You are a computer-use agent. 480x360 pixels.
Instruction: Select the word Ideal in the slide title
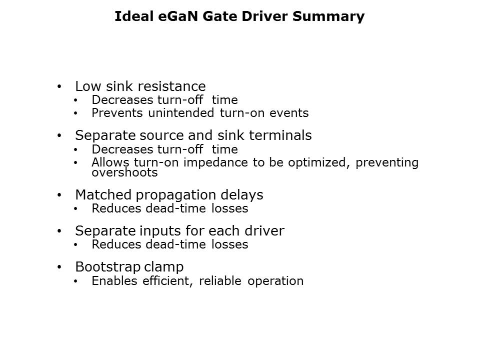(134, 16)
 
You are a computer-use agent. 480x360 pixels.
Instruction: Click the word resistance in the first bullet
(171, 86)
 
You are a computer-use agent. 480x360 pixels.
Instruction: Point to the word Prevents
(117, 113)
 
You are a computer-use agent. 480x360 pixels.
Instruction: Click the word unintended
(181, 113)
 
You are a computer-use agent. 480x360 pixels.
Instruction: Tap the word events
(289, 113)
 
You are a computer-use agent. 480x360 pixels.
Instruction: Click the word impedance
(215, 162)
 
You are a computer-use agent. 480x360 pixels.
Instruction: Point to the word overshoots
(124, 172)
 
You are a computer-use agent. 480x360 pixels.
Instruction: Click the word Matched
(103, 194)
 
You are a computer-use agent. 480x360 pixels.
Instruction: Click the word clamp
(164, 267)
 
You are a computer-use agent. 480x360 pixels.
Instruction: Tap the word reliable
(220, 280)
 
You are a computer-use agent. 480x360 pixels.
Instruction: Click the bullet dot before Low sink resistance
(59, 86)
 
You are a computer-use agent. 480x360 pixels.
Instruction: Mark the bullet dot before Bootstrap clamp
(59, 267)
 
